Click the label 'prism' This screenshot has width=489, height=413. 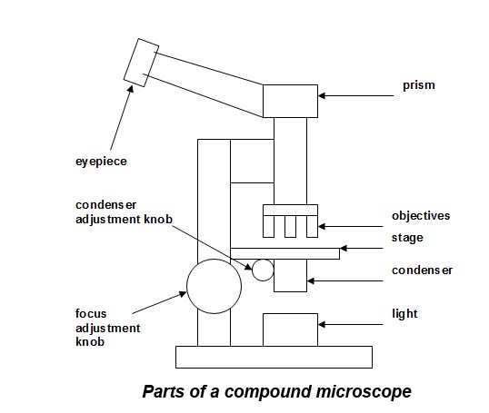420,85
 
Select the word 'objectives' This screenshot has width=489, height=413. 420,216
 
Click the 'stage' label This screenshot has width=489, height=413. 407,238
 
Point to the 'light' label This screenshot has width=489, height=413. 404,314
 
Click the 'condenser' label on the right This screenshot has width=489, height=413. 422,270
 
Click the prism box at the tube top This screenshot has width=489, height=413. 290,101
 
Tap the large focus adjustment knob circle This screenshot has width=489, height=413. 215,285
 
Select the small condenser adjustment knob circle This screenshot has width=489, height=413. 263,269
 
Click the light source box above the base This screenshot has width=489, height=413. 290,329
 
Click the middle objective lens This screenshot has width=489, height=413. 290,226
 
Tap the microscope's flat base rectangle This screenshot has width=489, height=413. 274,357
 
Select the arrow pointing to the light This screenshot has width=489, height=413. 350,322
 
